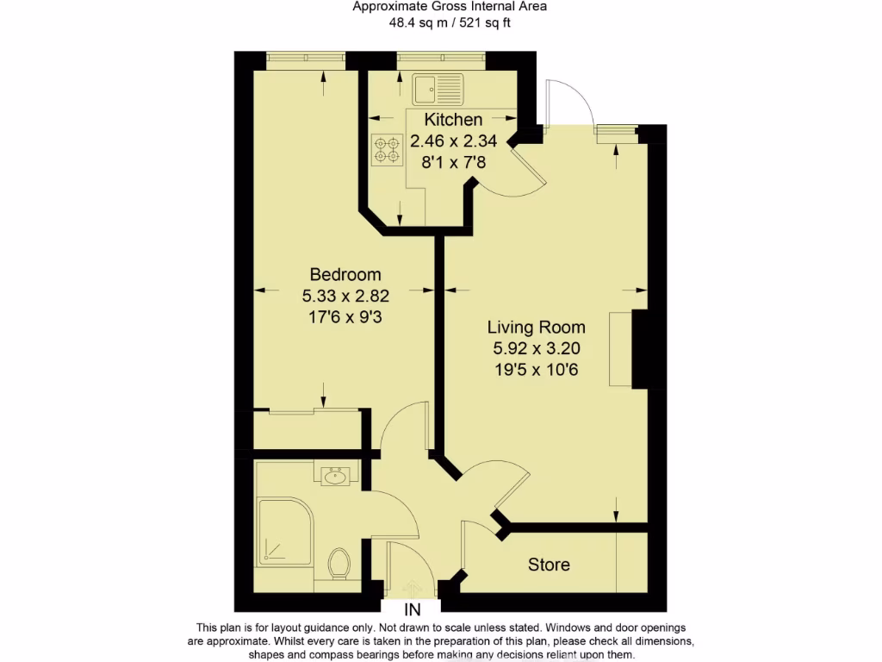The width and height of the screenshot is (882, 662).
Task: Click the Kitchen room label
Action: click(453, 120)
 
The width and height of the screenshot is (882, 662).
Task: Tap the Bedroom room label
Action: click(345, 275)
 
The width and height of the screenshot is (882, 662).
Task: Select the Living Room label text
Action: click(536, 328)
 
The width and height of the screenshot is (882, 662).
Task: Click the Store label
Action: click(549, 565)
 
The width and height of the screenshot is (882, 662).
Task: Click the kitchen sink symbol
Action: click(437, 88)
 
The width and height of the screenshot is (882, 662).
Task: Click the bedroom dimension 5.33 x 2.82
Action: click(345, 296)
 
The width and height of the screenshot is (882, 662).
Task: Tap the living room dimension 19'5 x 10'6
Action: click(536, 369)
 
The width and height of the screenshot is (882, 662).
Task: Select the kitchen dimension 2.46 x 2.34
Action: click(453, 141)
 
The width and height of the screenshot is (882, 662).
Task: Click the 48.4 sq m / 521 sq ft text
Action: click(449, 22)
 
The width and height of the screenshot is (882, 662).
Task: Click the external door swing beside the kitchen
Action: click(569, 104)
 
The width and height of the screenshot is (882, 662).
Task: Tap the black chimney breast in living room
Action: click(640, 348)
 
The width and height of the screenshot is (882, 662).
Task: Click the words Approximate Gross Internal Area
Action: click(449, 7)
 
